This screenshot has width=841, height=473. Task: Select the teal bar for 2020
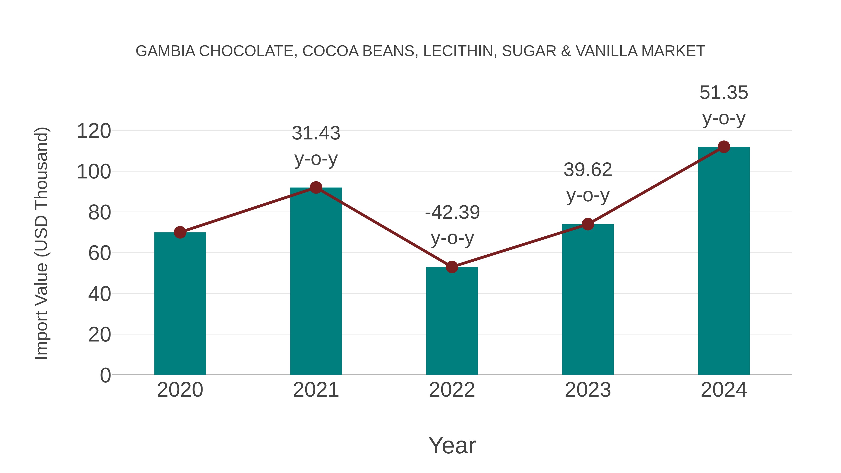(180, 304)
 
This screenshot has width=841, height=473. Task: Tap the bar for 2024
(724, 261)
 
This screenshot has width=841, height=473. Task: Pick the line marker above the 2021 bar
(316, 188)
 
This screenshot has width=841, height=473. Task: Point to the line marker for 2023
(588, 224)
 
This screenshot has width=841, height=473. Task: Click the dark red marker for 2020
(180, 232)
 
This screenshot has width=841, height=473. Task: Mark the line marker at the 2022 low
(452, 267)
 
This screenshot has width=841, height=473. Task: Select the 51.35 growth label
(724, 93)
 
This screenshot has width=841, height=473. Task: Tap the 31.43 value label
(316, 134)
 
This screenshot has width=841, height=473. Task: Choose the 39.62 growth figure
(588, 170)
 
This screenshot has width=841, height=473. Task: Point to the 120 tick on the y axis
(94, 131)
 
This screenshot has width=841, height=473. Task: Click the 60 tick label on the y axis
(99, 253)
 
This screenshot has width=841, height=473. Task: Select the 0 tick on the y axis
(105, 375)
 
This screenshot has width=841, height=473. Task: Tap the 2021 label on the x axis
(316, 390)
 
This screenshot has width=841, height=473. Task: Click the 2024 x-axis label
(724, 390)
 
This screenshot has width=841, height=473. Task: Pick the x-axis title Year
(452, 445)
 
